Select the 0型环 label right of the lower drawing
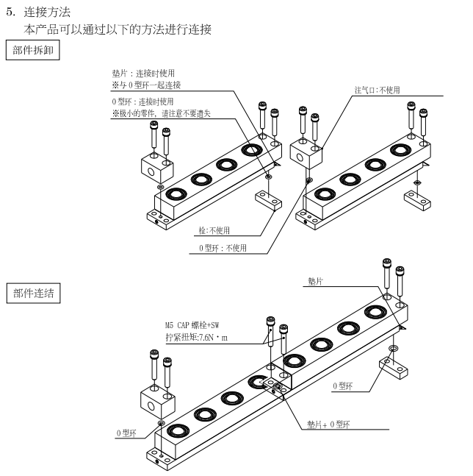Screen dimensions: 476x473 click(344, 385)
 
